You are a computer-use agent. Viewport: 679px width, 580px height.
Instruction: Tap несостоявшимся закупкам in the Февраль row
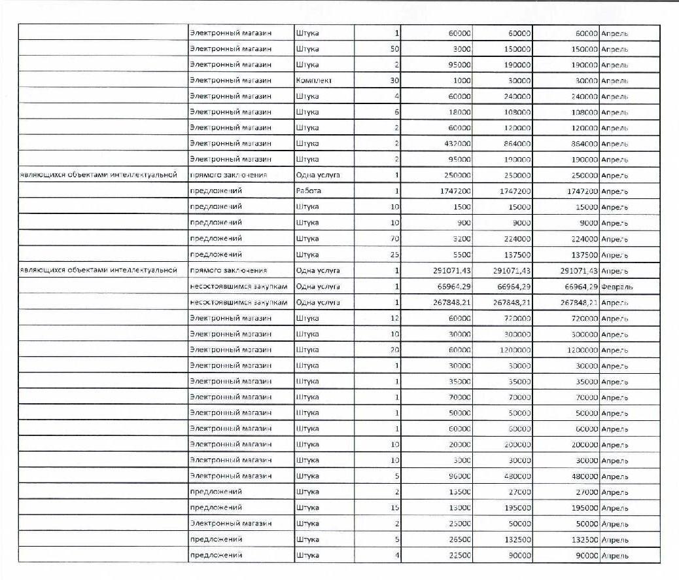point(238,287)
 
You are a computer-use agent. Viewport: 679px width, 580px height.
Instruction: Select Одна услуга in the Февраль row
point(318,287)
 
